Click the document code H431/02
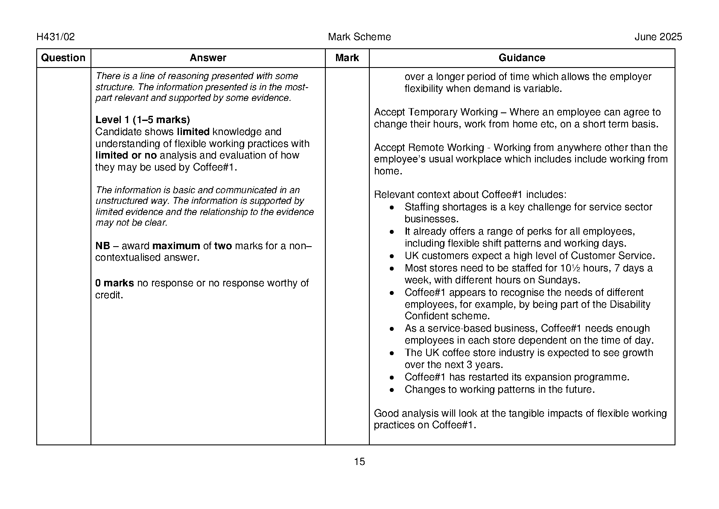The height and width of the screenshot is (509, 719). coord(56,37)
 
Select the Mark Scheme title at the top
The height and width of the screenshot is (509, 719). coord(359,37)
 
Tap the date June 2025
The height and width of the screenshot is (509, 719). coord(658,37)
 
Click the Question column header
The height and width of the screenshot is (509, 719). coord(63,58)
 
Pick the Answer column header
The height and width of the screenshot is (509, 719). coord(208,58)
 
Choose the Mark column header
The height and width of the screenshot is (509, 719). coord(347,58)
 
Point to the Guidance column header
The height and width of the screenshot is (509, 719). coord(522,58)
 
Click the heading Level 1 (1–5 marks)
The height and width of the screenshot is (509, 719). coord(143,120)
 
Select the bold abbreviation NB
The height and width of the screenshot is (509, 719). coord(102,246)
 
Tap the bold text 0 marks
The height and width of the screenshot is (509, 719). coord(114,283)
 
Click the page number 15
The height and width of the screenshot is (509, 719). coord(359,462)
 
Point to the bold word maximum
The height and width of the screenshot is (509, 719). coord(176,246)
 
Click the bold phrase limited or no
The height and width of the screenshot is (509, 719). coord(126,156)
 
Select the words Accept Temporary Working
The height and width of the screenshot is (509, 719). coord(435,112)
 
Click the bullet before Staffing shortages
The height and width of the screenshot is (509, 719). coord(392,208)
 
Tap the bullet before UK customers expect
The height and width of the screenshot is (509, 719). coord(392,256)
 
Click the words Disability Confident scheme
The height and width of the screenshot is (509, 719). coord(527,310)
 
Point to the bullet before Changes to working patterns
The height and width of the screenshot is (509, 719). coord(392,390)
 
